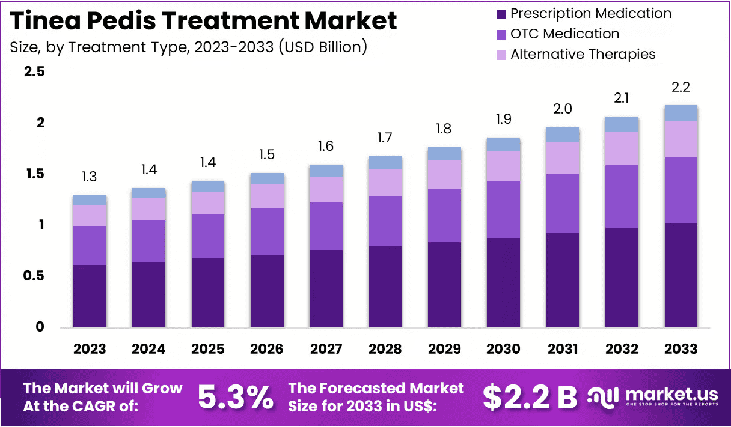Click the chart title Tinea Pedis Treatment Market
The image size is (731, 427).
click(204, 20)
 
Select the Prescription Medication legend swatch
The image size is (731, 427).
click(500, 13)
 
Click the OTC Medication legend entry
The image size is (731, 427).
click(564, 34)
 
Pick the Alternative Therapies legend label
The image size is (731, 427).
click(583, 54)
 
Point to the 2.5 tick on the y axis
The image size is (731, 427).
click(34, 72)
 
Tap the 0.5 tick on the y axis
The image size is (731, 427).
click(34, 276)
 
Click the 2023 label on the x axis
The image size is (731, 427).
click(90, 349)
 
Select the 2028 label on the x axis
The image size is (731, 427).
click(385, 349)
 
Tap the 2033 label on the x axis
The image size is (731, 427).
click(681, 349)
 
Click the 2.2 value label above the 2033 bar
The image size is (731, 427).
click(681, 88)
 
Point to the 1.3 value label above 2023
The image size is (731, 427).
click(90, 177)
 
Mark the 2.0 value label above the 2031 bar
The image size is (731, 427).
click(563, 109)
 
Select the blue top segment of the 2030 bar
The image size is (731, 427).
click(504, 144)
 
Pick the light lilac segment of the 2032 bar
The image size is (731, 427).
click(622, 148)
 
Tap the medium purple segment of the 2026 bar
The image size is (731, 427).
click(267, 231)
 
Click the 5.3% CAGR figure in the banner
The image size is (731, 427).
click(235, 396)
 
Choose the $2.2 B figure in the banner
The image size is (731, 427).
click(530, 396)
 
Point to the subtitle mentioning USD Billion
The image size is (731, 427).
click(188, 46)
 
